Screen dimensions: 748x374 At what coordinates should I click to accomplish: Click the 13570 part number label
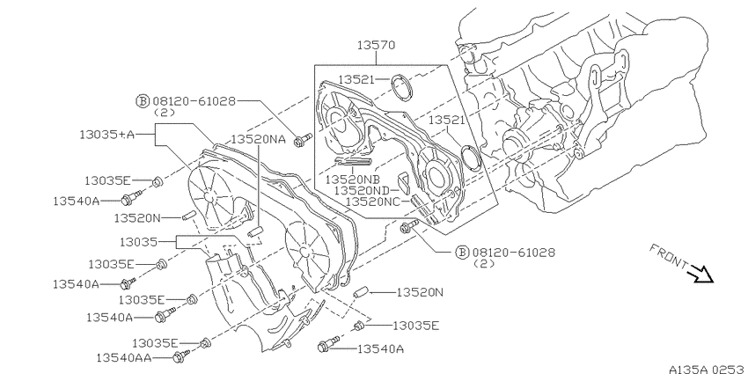[x=377, y=45]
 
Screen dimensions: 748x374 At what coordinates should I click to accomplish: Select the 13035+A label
[x=106, y=135]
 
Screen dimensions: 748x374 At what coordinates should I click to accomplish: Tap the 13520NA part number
[x=258, y=139]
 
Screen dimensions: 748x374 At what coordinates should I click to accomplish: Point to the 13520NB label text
[x=353, y=180]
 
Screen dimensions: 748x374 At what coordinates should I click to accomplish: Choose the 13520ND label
[x=362, y=190]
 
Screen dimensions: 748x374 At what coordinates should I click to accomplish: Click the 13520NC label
[x=373, y=202]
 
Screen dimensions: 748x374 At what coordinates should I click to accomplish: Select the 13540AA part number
[x=124, y=358]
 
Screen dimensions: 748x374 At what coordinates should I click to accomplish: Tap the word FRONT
[x=668, y=257]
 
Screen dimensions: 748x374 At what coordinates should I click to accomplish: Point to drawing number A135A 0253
[x=708, y=370]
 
